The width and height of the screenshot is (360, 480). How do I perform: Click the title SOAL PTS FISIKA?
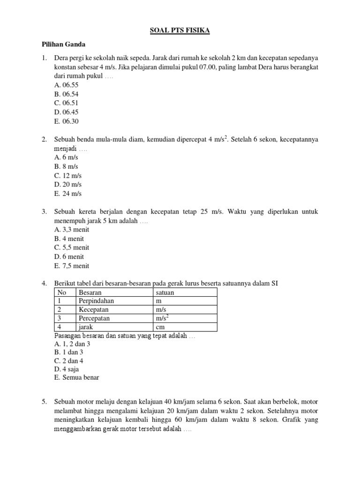point(180,31)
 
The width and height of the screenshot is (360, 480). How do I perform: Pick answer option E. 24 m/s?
point(68,193)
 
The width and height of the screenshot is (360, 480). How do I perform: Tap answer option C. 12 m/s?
point(68,175)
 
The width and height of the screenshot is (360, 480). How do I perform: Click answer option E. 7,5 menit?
point(72,266)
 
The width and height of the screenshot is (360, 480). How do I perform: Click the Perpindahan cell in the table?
point(97,301)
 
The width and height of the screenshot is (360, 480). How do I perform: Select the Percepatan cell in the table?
point(94,318)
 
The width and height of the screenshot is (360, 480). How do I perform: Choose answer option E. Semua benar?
point(77,377)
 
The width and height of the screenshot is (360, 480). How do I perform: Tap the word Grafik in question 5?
point(292,420)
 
